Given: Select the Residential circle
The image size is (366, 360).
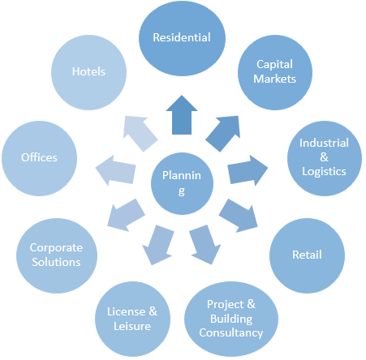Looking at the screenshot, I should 182,38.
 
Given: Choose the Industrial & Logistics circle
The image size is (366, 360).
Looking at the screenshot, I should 323,156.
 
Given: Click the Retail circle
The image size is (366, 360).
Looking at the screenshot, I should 306,255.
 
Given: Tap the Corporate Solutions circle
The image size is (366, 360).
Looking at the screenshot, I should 55,255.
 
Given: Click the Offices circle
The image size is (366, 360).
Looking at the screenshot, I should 39,157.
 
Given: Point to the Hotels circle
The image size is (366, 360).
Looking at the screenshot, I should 88,71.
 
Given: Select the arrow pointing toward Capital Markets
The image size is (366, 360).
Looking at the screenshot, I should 225,131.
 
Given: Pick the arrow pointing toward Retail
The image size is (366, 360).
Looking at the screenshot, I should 239,214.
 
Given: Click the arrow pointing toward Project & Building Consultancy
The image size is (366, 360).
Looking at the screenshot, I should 205,244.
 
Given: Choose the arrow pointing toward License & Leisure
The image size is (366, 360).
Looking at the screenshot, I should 159,244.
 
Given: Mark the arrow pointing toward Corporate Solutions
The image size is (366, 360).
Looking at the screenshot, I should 125,214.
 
